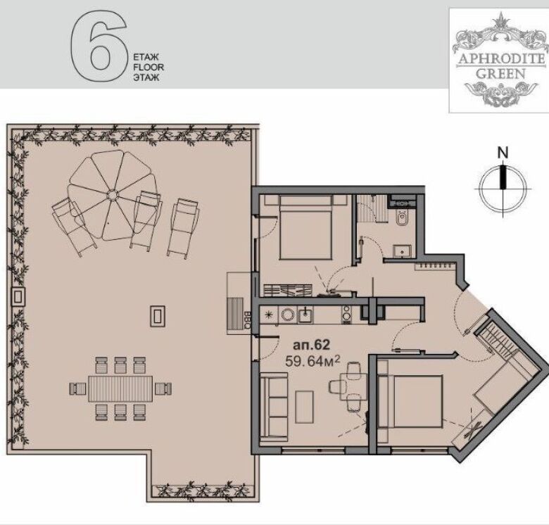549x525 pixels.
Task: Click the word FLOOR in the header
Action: (x=149, y=67)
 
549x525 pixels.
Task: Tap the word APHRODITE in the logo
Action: (x=501, y=59)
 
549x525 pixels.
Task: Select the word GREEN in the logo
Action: (x=501, y=73)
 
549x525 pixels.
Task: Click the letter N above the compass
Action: (x=503, y=153)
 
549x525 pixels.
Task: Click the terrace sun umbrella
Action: (x=112, y=195)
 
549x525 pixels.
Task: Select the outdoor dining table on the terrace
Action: (x=121, y=388)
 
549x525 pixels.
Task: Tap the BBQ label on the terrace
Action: (x=246, y=320)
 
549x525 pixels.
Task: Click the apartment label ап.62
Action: (x=311, y=345)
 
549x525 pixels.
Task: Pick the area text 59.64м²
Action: (x=313, y=360)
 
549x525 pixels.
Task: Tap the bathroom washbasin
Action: (x=402, y=251)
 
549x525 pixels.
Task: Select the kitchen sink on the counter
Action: (x=305, y=315)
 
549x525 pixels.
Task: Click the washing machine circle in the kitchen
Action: (x=288, y=315)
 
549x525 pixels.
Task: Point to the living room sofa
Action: (x=274, y=407)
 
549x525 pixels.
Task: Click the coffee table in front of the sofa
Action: (x=304, y=407)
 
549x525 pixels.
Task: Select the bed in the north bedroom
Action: (x=305, y=227)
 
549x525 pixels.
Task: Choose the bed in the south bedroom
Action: (x=413, y=401)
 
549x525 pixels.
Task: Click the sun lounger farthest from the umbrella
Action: (x=183, y=229)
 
